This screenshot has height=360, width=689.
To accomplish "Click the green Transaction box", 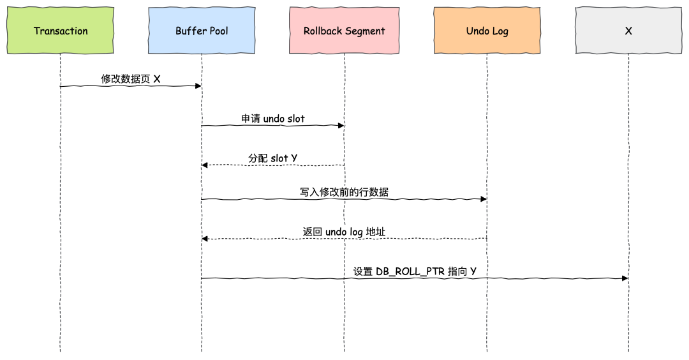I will [x=61, y=31].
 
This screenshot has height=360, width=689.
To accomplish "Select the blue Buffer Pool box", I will [x=202, y=31].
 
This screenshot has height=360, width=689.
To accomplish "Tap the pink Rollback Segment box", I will [x=344, y=31].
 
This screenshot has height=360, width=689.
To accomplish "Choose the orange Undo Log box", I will [x=486, y=31].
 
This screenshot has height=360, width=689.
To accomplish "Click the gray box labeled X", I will [x=628, y=31].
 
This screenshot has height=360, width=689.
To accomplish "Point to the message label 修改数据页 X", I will [x=131, y=79].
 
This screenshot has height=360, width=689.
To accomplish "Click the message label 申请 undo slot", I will [x=273, y=119].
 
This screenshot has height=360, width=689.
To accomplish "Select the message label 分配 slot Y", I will [x=273, y=158].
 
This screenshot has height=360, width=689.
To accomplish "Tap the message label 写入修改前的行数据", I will [x=344, y=192].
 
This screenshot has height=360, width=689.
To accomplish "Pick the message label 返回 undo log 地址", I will [x=344, y=232].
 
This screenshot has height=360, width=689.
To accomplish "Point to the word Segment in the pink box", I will [x=365, y=31].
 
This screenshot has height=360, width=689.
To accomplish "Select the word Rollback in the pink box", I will [x=323, y=31].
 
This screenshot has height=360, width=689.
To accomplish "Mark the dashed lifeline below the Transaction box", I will [x=61, y=306].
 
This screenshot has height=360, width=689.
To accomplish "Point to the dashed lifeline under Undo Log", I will [x=486, y=306].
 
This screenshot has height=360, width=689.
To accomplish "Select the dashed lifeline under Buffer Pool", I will [x=202, y=306].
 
